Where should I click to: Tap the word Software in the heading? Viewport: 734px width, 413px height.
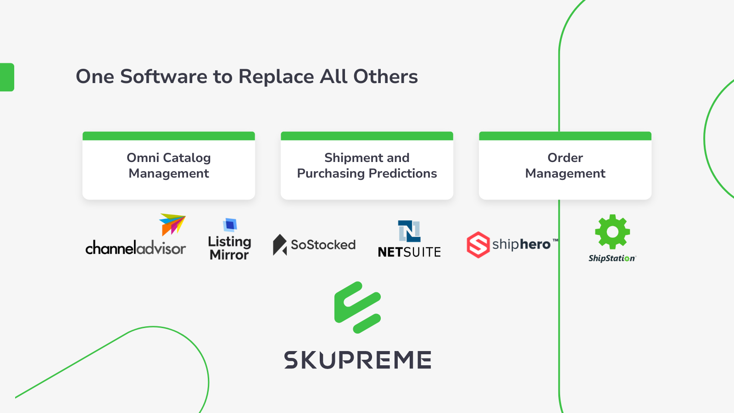163,77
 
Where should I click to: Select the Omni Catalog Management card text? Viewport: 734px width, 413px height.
169,166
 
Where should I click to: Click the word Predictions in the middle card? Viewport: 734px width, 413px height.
402,173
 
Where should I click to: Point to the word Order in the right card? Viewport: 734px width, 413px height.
565,158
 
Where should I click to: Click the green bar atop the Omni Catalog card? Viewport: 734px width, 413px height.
169,136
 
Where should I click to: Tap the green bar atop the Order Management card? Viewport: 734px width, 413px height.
565,136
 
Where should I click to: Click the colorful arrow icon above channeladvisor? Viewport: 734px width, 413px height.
172,224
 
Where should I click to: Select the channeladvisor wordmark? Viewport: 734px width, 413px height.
135,248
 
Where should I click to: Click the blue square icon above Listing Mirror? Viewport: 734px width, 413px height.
230,225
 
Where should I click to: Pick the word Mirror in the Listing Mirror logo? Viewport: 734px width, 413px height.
229,255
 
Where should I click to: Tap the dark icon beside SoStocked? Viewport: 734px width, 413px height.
279,245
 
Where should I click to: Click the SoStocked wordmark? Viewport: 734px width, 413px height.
323,245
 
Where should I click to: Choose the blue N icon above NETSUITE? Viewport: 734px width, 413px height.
409,231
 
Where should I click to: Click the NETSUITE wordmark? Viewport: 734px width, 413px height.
409,252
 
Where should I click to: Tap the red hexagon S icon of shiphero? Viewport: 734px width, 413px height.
478,245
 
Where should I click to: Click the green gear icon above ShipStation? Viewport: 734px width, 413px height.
612,232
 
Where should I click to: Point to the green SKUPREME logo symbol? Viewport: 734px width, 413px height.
357,307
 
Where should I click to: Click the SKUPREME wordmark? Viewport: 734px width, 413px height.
357,360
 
